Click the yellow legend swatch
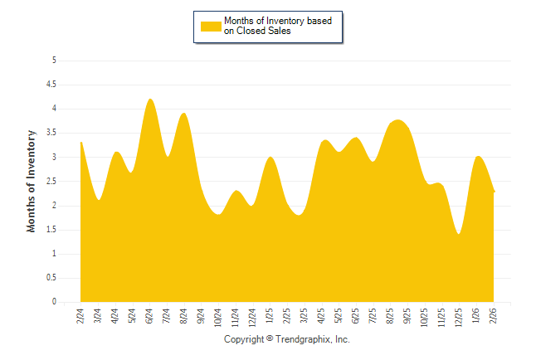211,26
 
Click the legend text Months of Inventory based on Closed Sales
271,26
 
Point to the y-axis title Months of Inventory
32,181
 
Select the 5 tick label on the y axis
54,61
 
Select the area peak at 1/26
478,157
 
